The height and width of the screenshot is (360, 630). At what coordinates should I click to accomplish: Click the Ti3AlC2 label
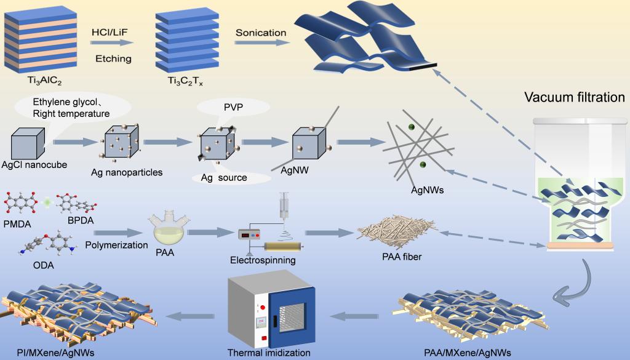[36, 81]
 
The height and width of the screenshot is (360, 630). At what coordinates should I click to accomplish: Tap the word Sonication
[261, 32]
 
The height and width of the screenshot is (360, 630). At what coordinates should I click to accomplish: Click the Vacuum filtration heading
[574, 97]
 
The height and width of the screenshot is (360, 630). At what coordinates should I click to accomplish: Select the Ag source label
[225, 178]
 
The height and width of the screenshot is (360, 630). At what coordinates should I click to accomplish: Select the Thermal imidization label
[269, 353]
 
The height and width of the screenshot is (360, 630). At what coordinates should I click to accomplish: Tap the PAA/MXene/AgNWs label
[468, 353]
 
